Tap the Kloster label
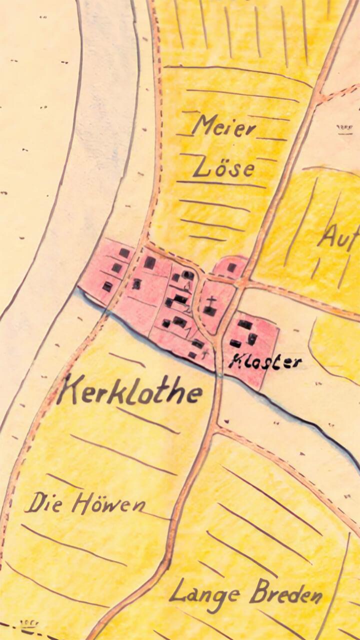pyautogui.click(x=265, y=361)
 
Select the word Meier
pyautogui.click(x=223, y=126)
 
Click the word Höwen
pyautogui.click(x=108, y=503)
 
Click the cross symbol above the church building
pyautogui.click(x=212, y=301)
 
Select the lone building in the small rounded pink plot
pyautogui.click(x=231, y=267)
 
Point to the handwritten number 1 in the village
pyautogui.click(x=188, y=330)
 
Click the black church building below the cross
pyautogui.click(x=210, y=311)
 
